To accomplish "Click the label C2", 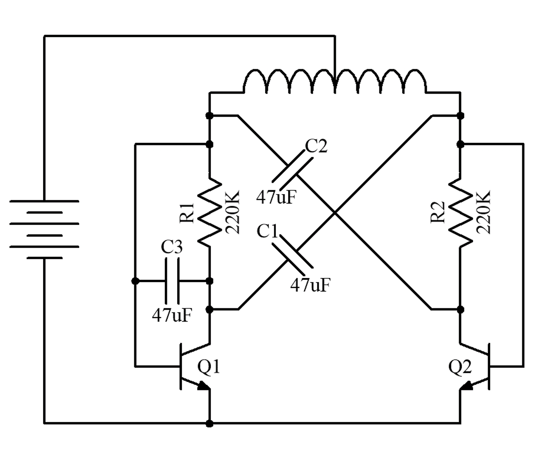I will [316, 146].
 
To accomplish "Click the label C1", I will [268, 231].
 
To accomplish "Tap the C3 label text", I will [172, 248].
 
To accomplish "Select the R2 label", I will [438, 213].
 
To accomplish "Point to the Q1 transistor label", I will [209, 367].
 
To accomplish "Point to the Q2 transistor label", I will [460, 367].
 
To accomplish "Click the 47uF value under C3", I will [172, 316].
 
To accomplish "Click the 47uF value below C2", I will [276, 197].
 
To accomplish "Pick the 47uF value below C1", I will [310, 285].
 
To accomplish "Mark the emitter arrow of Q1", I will [203, 386].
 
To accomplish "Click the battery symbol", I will [44, 229].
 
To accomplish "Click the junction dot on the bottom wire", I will [210, 423].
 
